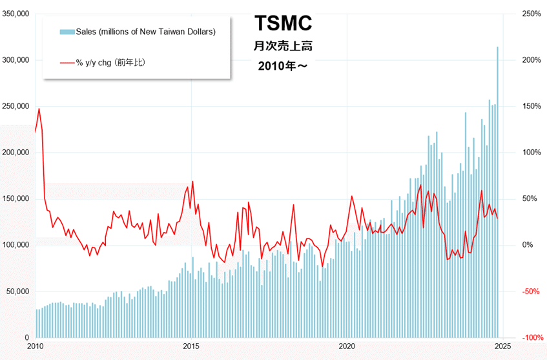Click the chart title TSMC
pos(284,23)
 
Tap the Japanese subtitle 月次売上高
pos(284,46)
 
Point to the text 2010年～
pos(284,66)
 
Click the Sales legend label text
pos(145,31)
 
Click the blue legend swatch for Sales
pos(67,31)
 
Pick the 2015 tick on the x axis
pos(191,346)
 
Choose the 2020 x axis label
pos(347,346)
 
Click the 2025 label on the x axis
pos(502,346)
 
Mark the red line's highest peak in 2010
pos(39,109)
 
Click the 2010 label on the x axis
pos(36,346)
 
